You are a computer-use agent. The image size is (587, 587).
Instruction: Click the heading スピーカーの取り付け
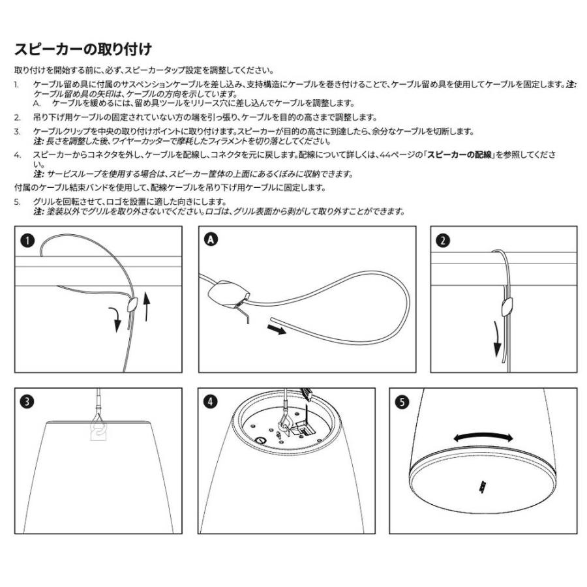83,50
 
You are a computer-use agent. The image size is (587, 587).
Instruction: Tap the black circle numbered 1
27,241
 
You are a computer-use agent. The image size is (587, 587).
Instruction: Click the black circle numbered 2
443,241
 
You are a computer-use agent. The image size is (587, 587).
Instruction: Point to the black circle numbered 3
27,401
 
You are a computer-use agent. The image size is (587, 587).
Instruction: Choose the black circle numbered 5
402,401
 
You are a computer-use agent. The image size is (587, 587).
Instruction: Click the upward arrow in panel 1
147,307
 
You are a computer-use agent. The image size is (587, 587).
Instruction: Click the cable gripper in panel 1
133,303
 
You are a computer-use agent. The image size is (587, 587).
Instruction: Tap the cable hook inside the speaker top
284,423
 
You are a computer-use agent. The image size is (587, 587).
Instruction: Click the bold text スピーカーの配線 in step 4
461,157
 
